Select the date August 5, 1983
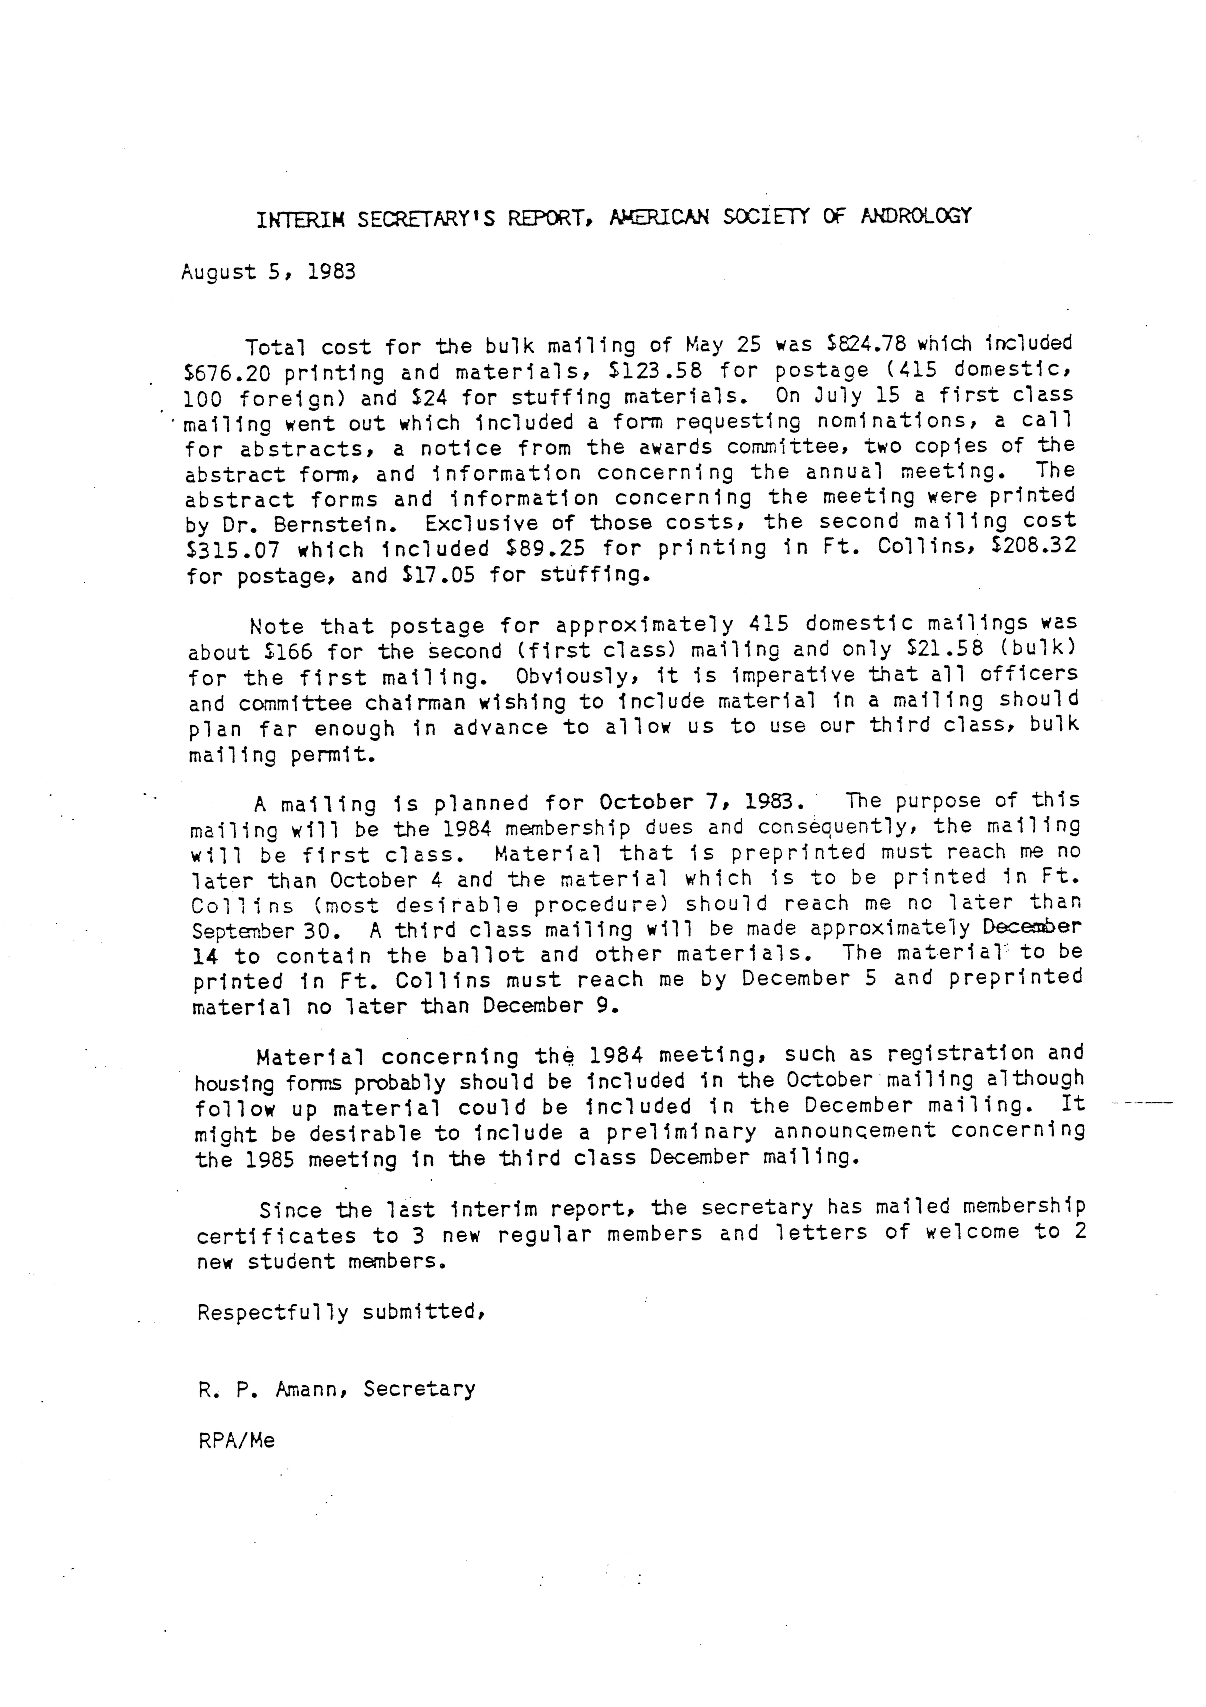(268, 272)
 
